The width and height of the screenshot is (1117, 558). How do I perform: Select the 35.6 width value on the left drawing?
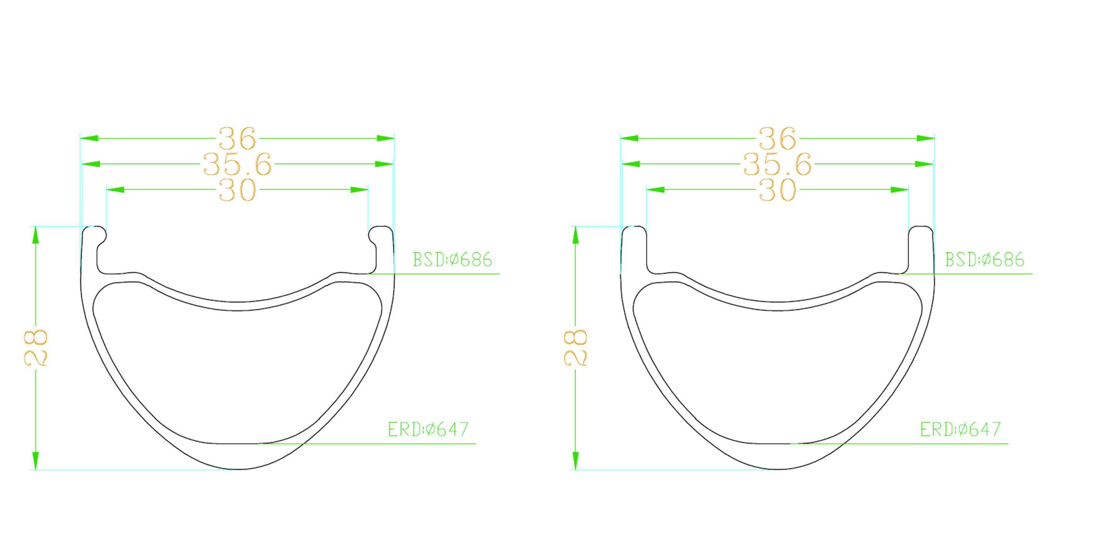click(237, 164)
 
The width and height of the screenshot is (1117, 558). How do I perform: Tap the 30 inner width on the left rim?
click(237, 190)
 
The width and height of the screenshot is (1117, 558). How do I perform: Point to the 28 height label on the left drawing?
click(36, 348)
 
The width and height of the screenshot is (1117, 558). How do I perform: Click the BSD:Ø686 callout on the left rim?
click(452, 260)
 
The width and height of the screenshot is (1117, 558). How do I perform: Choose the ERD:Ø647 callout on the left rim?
click(428, 429)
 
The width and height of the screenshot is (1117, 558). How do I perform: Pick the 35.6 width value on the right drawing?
click(778, 164)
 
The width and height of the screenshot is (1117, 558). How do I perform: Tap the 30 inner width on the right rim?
click(778, 190)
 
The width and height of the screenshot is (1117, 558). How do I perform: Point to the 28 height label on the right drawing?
click(576, 348)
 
